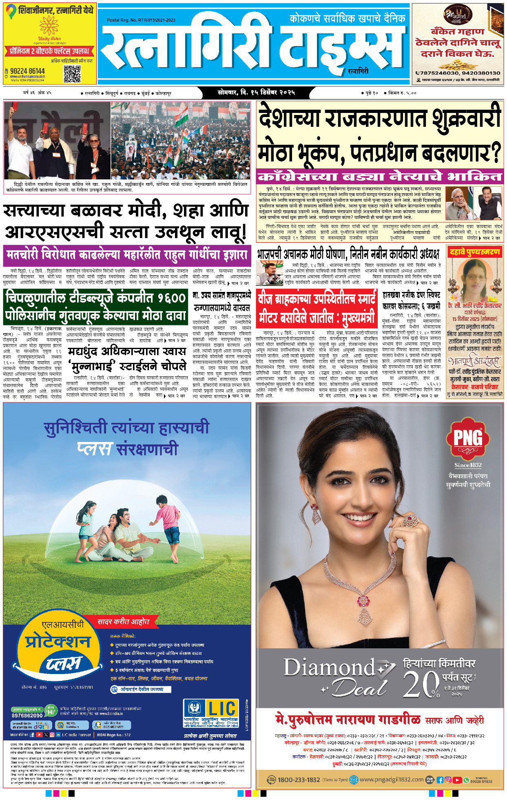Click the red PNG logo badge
pyautogui.click(x=468, y=438)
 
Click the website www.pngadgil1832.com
pyautogui.click(x=392, y=779)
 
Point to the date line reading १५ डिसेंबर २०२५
pyautogui.click(x=256, y=93)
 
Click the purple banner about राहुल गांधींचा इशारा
pyautogui.click(x=127, y=256)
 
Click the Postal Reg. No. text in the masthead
pyautogui.click(x=141, y=20)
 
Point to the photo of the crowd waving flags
pyautogui.click(x=180, y=140)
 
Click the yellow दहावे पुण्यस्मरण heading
pyautogui.click(x=474, y=252)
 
